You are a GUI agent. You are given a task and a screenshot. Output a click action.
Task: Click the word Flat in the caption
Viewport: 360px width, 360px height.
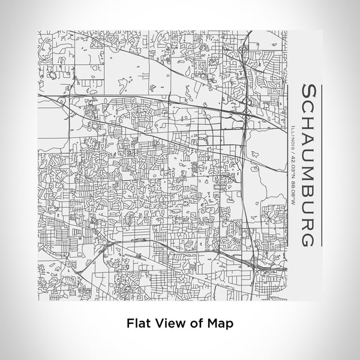point(139,322)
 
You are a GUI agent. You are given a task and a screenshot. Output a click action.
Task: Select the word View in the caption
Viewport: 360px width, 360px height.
point(169,322)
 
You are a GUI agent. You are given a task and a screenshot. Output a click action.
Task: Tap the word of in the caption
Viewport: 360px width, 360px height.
point(194,322)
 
